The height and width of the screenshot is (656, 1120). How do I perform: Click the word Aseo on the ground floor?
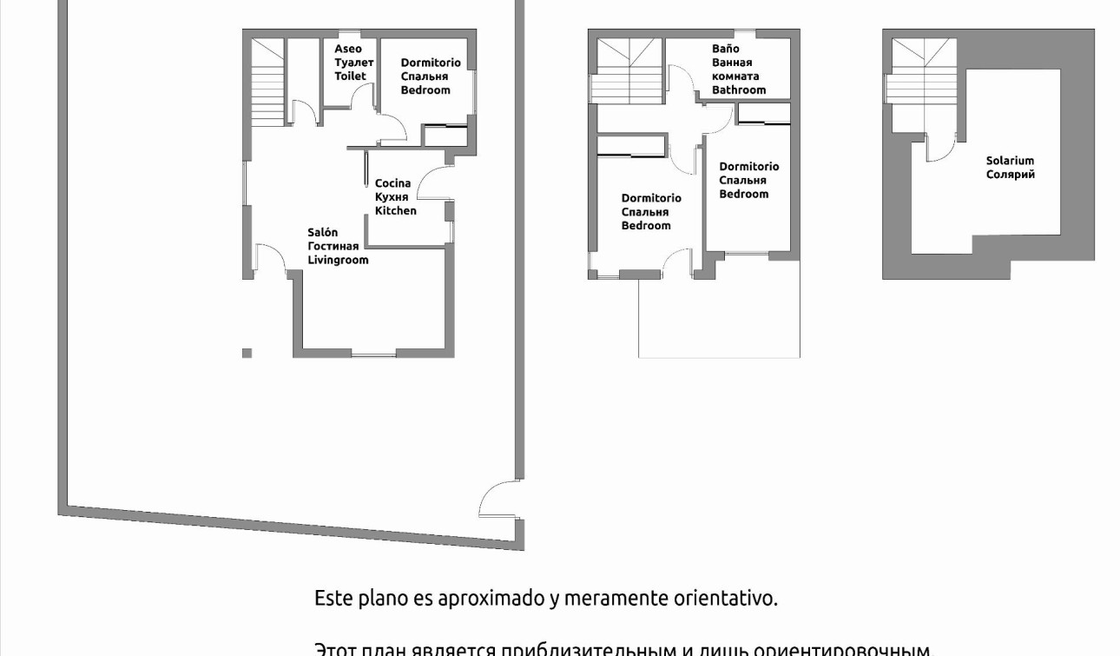click(348, 50)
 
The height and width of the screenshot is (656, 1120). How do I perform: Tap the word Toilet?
click(351, 76)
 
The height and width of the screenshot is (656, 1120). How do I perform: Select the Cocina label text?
click(392, 183)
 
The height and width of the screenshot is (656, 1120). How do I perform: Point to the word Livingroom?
click(338, 260)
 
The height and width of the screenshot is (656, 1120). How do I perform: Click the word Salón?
click(322, 232)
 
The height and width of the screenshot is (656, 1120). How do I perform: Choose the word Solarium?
click(1010, 161)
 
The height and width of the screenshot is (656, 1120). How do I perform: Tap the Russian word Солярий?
click(1010, 175)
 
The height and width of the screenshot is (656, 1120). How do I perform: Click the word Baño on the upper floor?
click(726, 50)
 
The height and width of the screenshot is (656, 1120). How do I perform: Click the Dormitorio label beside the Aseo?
click(425, 63)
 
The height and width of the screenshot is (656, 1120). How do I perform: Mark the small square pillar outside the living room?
click(247, 353)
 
